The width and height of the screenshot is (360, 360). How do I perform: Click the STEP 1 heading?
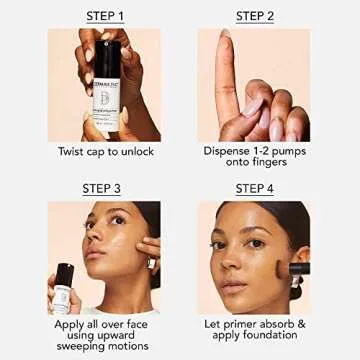coord(105,15)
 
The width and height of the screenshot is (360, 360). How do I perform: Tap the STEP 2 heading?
coord(254,15)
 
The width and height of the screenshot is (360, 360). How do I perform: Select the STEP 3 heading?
coord(105,188)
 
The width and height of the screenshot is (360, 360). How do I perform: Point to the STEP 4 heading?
coord(254,188)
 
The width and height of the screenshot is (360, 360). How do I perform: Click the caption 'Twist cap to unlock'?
coord(105,153)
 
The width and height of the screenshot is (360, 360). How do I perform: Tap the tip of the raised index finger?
coord(225,38)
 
